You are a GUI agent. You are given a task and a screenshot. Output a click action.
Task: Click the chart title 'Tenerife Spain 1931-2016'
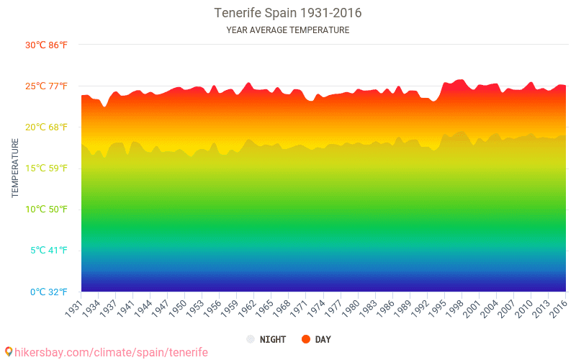pyautogui.click(x=288, y=13)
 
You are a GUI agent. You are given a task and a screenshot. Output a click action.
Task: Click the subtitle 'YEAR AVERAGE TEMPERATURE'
pyautogui.click(x=288, y=30)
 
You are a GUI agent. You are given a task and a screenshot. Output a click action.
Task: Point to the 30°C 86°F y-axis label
pyautogui.click(x=46, y=45)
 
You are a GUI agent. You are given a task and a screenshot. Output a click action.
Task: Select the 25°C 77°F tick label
pyautogui.click(x=46, y=86)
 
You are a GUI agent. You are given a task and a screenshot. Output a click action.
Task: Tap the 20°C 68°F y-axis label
pyautogui.click(x=46, y=127)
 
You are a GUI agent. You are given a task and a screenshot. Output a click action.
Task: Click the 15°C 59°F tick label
pyautogui.click(x=46, y=168)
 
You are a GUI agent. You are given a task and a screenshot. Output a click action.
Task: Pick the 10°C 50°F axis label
pyautogui.click(x=46, y=210)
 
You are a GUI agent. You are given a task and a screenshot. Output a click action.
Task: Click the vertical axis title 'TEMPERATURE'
pyautogui.click(x=15, y=168)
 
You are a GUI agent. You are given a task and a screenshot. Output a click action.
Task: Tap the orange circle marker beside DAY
pyautogui.click(x=305, y=339)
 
